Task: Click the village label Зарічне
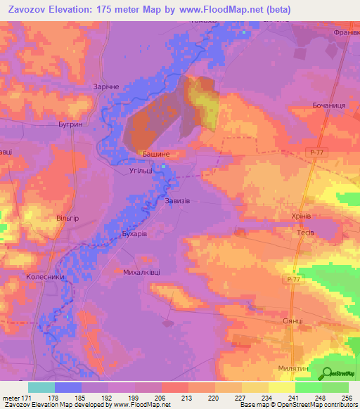98,86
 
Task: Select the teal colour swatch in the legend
41,387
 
